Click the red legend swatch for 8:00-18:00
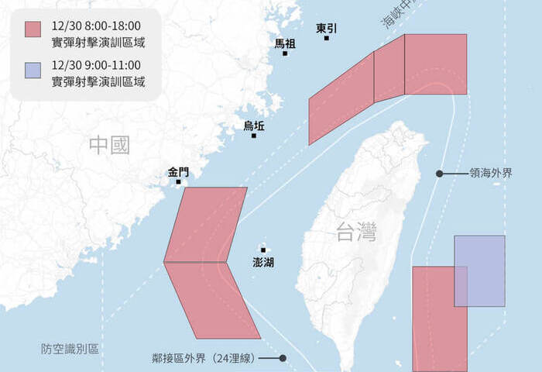click(33, 29)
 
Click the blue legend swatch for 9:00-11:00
click(33, 71)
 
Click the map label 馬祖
click(285, 43)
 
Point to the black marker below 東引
click(327, 38)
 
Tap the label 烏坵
click(253, 126)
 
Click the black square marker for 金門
click(178, 182)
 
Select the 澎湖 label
click(263, 263)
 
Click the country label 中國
click(109, 145)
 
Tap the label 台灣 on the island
click(357, 230)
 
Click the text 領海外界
click(491, 174)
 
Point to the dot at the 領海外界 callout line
click(439, 174)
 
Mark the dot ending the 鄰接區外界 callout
click(283, 358)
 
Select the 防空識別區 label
click(70, 350)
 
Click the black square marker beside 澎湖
click(263, 250)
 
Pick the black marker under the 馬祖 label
click(285, 53)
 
